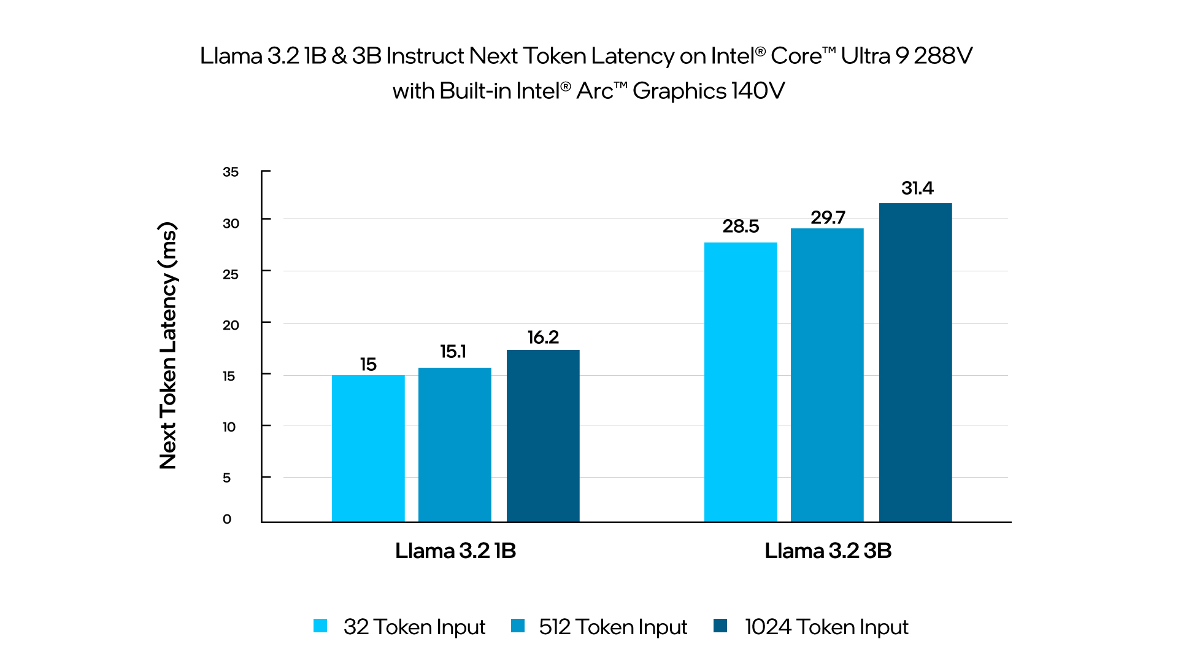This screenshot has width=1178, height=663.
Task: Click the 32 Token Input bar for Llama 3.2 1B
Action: (x=368, y=448)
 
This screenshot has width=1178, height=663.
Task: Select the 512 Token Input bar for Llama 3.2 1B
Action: (x=455, y=444)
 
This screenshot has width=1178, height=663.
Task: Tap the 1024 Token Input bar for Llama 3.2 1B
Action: (x=543, y=436)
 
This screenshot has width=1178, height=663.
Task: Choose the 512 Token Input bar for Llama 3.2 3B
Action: (x=827, y=375)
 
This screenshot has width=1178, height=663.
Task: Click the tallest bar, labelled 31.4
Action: (x=915, y=362)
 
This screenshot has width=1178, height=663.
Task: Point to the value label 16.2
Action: (x=543, y=337)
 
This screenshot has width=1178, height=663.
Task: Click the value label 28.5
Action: (x=741, y=227)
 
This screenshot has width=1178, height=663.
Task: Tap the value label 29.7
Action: (x=828, y=217)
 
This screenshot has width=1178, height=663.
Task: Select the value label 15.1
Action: (x=453, y=352)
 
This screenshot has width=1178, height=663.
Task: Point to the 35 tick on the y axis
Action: (x=231, y=172)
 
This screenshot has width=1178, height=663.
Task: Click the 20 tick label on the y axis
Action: (x=231, y=325)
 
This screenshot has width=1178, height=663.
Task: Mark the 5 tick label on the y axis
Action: (x=226, y=478)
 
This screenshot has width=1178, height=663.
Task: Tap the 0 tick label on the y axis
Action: (x=227, y=519)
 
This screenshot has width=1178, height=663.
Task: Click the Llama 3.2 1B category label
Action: (x=455, y=551)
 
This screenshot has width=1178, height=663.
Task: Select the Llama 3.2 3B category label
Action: (x=828, y=551)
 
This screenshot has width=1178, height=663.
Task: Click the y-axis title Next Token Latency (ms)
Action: (x=167, y=346)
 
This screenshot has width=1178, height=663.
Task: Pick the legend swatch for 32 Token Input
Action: (x=320, y=626)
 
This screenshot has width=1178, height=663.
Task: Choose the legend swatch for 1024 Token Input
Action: (x=720, y=626)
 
